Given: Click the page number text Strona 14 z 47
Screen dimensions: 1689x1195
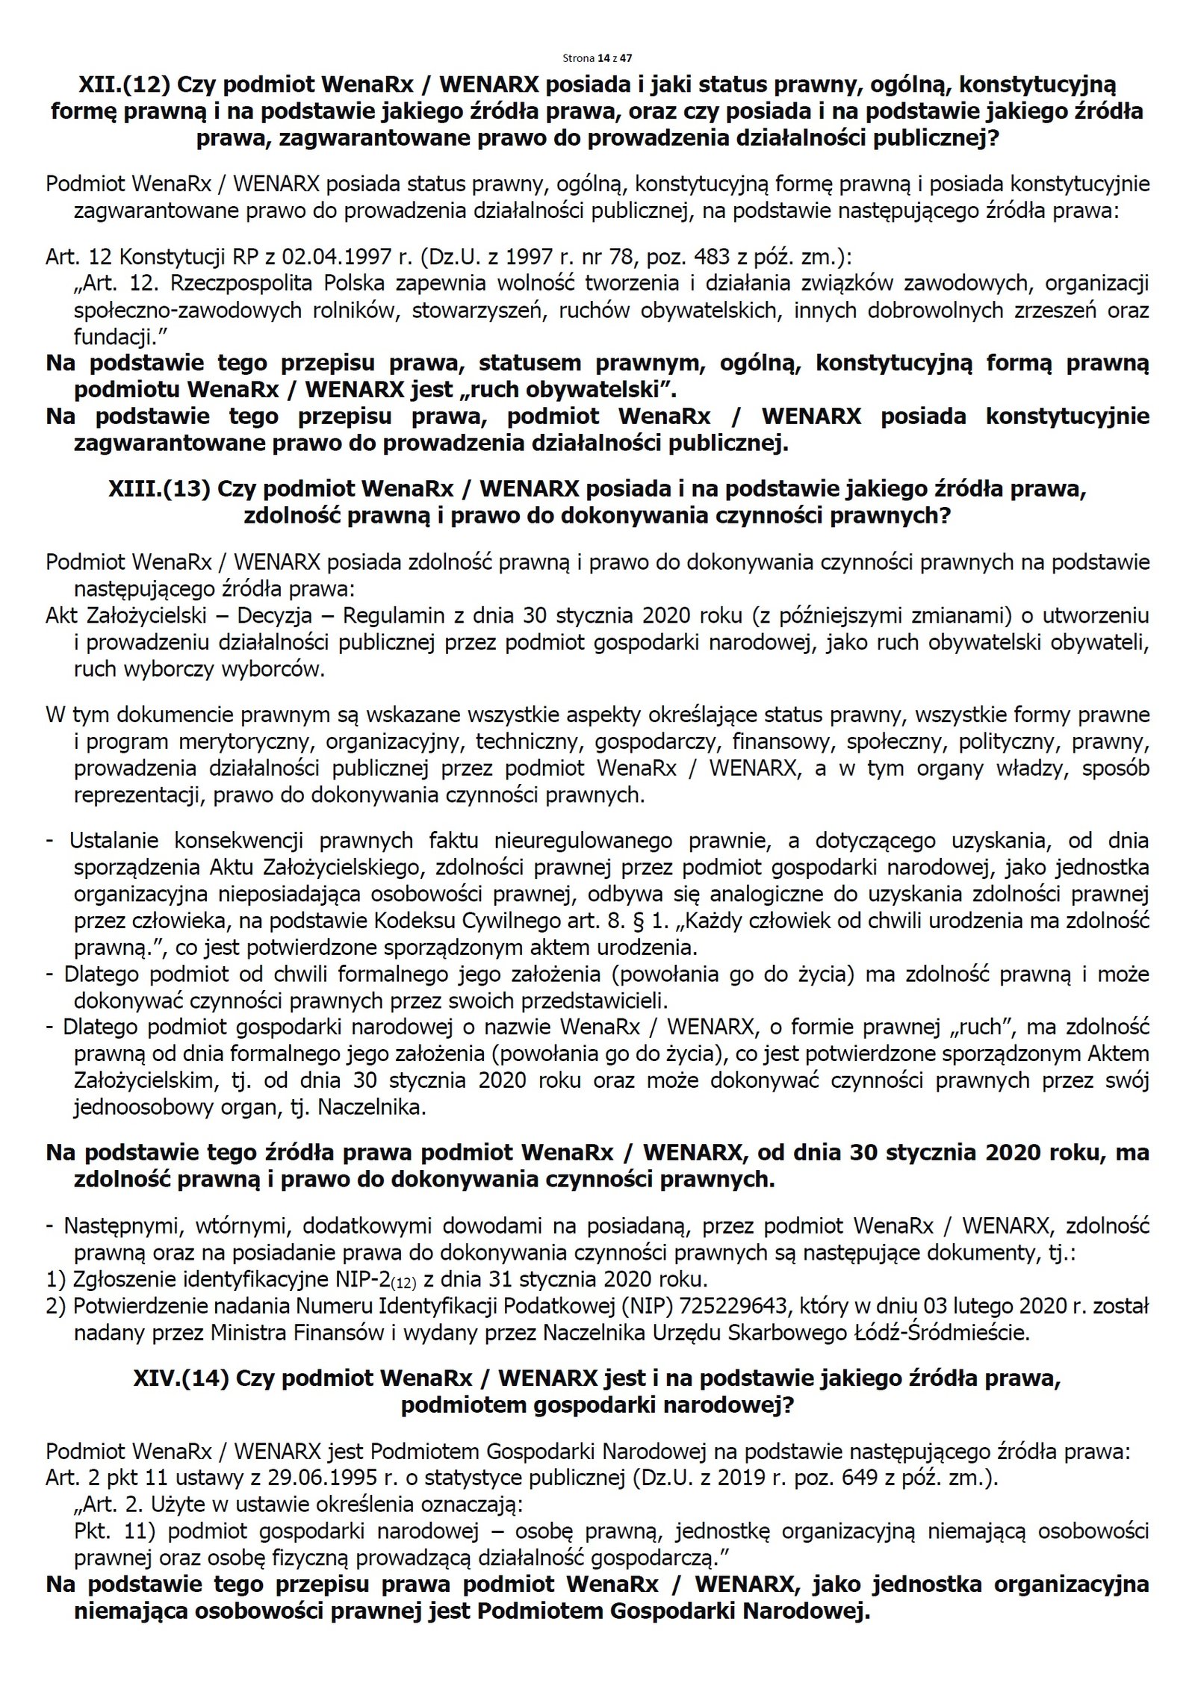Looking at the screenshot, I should (x=597, y=57).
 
